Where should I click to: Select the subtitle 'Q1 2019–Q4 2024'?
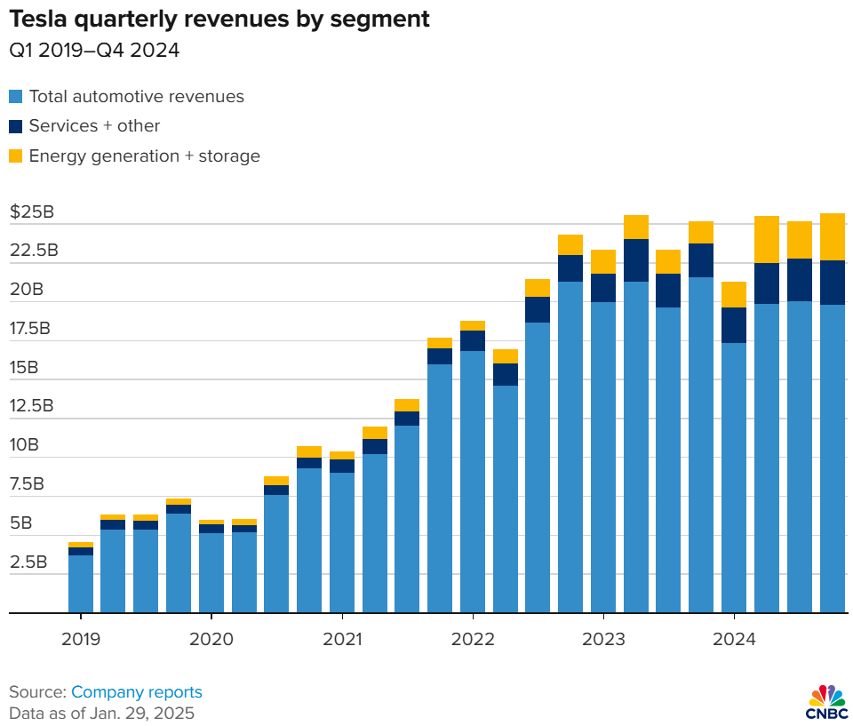tap(94, 51)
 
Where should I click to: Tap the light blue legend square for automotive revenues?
tap(16, 97)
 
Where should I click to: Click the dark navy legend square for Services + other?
tap(16, 126)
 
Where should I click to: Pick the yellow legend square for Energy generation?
tap(16, 156)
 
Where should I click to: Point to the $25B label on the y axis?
tap(32, 212)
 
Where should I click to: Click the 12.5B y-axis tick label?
tap(32, 406)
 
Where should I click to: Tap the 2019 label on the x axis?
tap(81, 638)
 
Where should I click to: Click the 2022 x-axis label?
tap(473, 638)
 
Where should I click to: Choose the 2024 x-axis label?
tap(734, 638)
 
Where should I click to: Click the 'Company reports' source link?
tap(137, 691)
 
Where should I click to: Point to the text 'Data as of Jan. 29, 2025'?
tap(101, 713)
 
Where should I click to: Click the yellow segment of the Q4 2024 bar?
tap(832, 236)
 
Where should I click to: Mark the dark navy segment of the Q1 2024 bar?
tap(734, 325)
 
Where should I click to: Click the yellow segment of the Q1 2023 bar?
tap(603, 261)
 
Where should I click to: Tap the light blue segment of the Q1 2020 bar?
tap(211, 573)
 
